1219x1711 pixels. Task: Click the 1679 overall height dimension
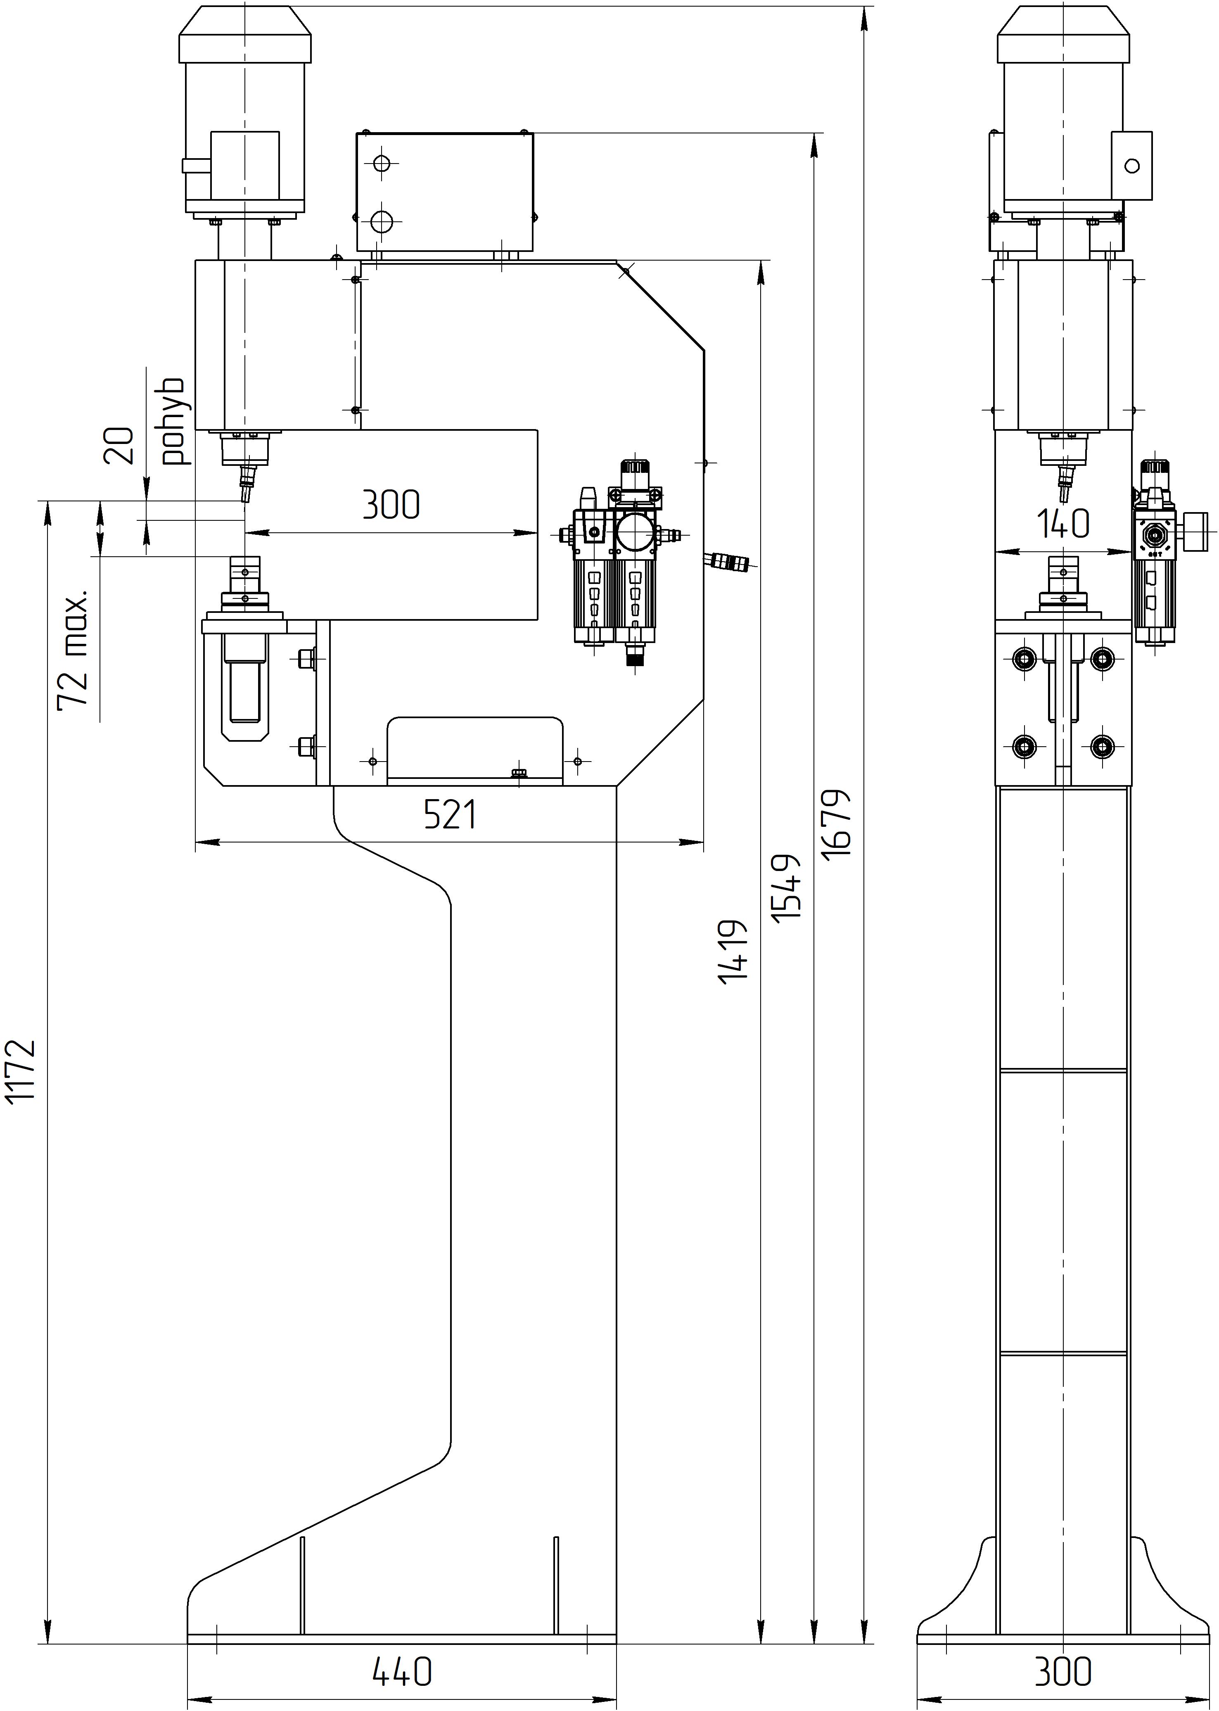point(837,823)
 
